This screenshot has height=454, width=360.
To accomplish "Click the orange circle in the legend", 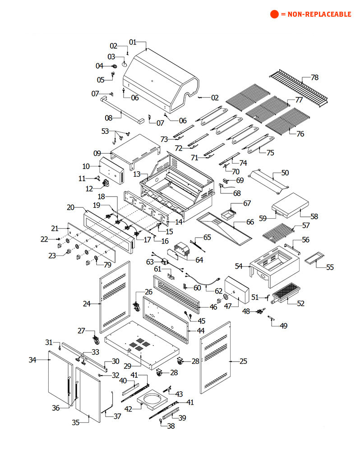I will (x=275, y=14).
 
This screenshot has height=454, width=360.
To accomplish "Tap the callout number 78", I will (x=314, y=78).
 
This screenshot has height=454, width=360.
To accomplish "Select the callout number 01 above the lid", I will (x=133, y=42).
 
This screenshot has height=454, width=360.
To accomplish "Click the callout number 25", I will (x=243, y=361).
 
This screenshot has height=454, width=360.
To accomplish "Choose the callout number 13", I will (x=137, y=174).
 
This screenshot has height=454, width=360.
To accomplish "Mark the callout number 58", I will (x=314, y=216).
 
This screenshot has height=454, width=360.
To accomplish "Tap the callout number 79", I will (x=107, y=264).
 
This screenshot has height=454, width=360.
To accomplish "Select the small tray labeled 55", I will (x=315, y=258).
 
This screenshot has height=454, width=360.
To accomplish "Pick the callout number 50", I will (x=285, y=173).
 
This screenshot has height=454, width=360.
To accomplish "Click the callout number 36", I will (x=56, y=408).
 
